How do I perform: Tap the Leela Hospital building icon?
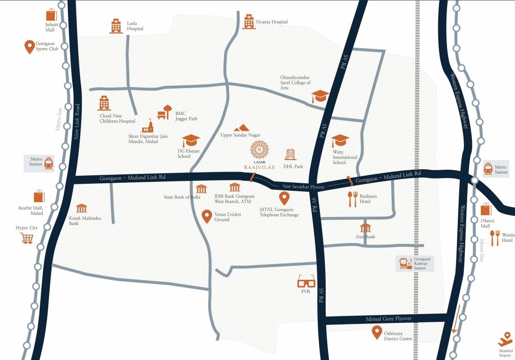point(116,26)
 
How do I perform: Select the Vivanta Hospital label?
point(271,22)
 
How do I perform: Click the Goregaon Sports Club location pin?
point(30,46)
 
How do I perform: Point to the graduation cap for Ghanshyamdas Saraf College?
point(320,96)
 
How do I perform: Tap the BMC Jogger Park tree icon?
point(164,112)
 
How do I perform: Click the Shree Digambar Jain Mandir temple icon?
point(148,126)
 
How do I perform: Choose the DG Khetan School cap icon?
point(191,140)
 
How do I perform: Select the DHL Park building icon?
point(290,154)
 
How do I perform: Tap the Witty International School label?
point(345,157)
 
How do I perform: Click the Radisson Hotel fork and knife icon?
point(352,199)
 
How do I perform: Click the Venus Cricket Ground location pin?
point(206,216)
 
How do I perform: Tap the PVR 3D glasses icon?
point(306,281)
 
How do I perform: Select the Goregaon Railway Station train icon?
point(404,264)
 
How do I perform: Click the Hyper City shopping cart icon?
point(27,238)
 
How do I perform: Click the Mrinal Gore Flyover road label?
point(388,319)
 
